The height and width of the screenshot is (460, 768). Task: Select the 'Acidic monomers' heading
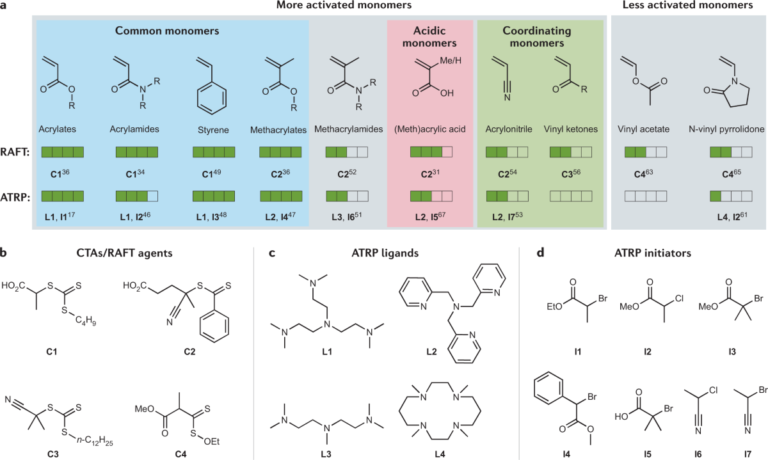(430, 37)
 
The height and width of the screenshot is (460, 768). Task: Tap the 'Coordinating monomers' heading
(541, 37)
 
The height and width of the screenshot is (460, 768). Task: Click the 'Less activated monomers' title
(688, 6)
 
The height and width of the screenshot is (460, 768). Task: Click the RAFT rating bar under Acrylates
(63, 154)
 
